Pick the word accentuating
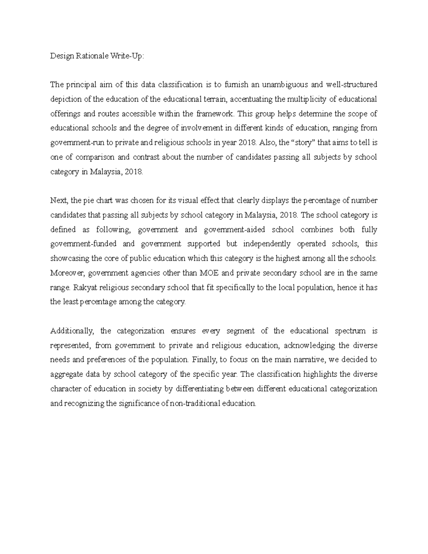pyautogui.click(x=251, y=99)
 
